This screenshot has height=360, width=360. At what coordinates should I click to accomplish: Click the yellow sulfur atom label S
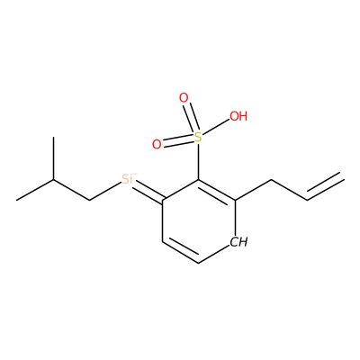coord(198,137)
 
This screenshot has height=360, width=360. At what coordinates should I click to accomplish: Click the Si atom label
coord(128,179)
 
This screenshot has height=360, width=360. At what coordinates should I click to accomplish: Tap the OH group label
coord(238,116)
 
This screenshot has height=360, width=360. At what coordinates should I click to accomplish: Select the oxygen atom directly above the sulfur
coord(184,98)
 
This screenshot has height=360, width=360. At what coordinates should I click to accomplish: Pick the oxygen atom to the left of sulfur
coord(157,145)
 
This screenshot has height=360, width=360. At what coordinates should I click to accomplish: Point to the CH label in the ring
coord(239,242)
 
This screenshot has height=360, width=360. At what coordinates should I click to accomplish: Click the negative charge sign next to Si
coord(135,174)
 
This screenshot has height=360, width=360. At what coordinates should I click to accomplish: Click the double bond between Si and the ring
coord(148,191)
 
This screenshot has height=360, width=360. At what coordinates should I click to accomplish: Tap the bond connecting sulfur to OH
coord(216,127)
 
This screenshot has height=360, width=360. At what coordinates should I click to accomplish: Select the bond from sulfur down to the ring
coord(198,162)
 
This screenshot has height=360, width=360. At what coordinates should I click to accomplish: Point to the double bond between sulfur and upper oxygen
coord(192,117)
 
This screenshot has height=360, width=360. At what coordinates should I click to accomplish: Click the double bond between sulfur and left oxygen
coord(178,140)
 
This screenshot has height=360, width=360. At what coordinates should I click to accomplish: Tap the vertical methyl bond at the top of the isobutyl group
coord(54,158)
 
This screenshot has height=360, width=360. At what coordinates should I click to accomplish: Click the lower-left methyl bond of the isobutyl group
coord(35,190)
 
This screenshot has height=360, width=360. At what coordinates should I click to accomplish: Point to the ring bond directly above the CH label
coord(235,217)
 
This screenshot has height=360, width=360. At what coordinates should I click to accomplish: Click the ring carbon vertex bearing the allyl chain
coord(235,200)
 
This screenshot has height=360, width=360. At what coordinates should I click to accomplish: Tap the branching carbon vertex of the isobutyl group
coord(54,179)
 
